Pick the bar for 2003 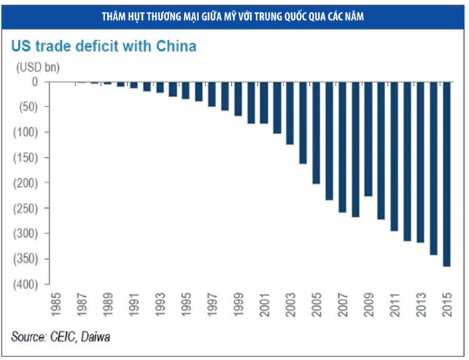tap(290, 113)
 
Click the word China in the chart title tap(173, 48)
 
